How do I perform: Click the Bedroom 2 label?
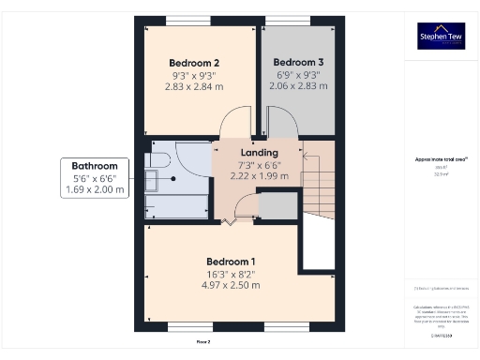click(196, 63)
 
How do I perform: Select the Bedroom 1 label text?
click(231, 261)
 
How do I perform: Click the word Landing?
click(259, 153)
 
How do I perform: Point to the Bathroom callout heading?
click(94, 164)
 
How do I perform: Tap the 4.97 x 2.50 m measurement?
click(231, 284)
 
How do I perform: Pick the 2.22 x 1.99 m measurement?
click(259, 175)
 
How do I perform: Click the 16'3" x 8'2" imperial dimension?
click(231, 273)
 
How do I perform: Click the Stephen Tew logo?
click(441, 37)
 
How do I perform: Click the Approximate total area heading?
click(441, 160)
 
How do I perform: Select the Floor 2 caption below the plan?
click(203, 342)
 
